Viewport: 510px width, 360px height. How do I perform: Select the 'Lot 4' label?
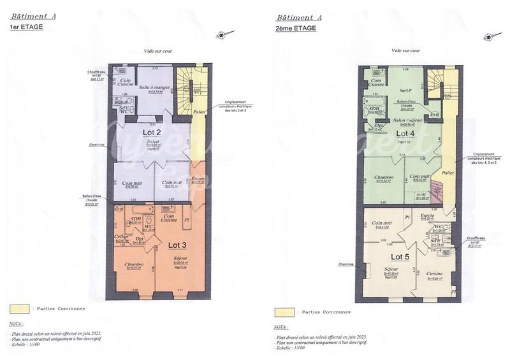click(x=405, y=134)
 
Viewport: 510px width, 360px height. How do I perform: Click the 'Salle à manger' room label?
click(x=154, y=87)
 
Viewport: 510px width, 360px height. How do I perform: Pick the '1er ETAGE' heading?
click(x=26, y=27)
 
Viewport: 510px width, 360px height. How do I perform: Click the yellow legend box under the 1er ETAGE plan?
click(x=20, y=308)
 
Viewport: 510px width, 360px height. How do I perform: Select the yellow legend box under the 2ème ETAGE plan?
click(x=284, y=312)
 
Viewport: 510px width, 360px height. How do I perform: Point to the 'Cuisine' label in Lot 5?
click(x=435, y=273)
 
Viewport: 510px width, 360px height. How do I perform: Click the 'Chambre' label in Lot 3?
click(x=134, y=264)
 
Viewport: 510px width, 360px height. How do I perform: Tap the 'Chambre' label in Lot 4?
click(x=384, y=178)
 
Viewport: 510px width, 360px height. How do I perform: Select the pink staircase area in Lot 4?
click(x=437, y=190)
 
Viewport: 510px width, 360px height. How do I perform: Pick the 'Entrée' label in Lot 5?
click(x=426, y=216)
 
